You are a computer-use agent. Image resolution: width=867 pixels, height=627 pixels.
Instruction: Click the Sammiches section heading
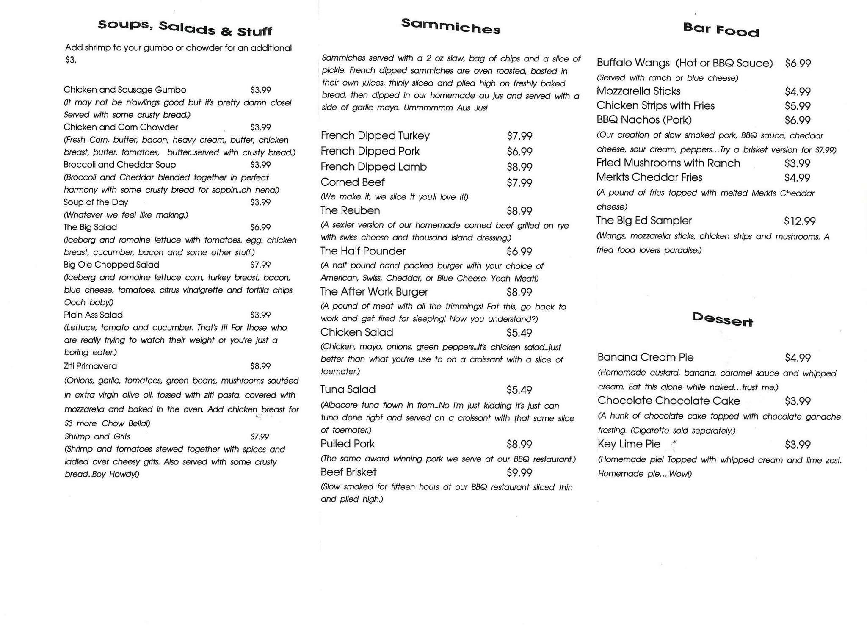pos(450,26)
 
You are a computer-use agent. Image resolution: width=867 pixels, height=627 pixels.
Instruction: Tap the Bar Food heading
pos(721,30)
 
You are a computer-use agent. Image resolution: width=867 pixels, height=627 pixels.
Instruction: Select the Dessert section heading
pos(722,319)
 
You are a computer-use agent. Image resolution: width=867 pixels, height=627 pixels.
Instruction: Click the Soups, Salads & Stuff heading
pos(185,28)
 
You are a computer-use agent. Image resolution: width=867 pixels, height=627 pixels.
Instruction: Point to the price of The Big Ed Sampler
pos(799,221)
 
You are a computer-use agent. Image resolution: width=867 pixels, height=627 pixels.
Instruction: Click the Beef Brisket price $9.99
pos(519,472)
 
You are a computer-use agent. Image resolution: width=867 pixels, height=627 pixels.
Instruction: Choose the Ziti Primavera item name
pos(90,366)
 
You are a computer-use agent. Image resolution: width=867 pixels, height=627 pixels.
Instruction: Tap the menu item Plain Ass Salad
pos(93,315)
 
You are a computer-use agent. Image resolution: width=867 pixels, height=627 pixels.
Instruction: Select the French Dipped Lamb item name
pos(373,167)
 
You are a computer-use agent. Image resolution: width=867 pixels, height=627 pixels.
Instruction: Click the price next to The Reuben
pos(519,211)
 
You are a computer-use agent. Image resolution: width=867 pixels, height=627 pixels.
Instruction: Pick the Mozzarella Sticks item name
pos(638,91)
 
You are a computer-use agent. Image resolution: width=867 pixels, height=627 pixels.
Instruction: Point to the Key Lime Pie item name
pos(629,444)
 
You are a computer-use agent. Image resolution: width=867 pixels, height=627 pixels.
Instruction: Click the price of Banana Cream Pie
pos(798,358)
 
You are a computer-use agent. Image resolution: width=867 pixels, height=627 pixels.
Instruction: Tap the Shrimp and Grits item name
pos(97,436)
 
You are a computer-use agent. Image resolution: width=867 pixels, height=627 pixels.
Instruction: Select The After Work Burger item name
pos(374,292)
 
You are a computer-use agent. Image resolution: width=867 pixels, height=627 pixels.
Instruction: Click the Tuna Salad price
pos(519,390)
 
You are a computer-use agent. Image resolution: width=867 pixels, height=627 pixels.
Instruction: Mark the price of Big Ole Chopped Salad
pos(260,265)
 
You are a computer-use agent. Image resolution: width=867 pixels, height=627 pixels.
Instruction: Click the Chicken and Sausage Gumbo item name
pos(125,90)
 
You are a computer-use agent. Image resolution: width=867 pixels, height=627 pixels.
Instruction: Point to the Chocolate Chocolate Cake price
pos(798,401)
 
